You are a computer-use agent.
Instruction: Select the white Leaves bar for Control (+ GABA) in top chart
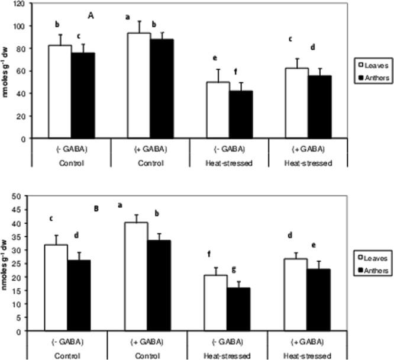[x=139, y=86]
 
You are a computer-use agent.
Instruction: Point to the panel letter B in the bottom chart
[x=96, y=208]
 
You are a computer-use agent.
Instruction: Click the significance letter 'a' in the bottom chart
[x=120, y=205]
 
